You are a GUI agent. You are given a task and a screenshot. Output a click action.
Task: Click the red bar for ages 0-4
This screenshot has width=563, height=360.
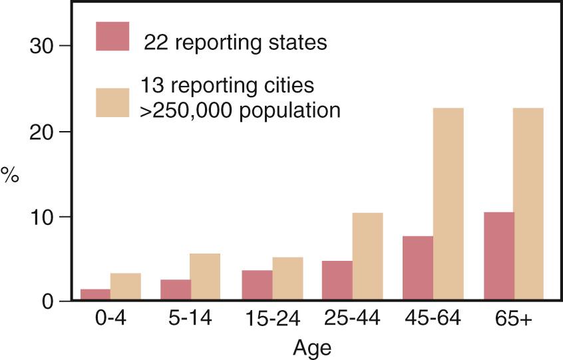pos(96,295)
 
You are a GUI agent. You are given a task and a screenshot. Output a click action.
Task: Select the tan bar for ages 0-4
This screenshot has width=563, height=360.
pos(126,287)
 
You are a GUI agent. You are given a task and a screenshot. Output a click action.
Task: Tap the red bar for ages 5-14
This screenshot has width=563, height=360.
pos(176,290)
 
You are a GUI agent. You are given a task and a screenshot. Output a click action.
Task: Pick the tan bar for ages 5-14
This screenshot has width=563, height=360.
pos(206,277)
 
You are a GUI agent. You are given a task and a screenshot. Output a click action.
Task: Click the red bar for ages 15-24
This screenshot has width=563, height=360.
pos(257,285)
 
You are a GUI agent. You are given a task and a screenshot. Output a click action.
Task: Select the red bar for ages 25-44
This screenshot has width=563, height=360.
pos(337,281)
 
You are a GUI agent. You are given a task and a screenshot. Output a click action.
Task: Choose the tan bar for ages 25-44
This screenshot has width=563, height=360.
pos(367,257)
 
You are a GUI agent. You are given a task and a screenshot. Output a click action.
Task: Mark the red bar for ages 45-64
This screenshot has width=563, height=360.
pos(418,268)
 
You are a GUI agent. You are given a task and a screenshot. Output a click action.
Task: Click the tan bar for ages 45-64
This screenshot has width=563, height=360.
pos(449,204)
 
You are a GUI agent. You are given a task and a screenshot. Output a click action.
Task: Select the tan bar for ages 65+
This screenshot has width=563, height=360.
pos(528,204)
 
